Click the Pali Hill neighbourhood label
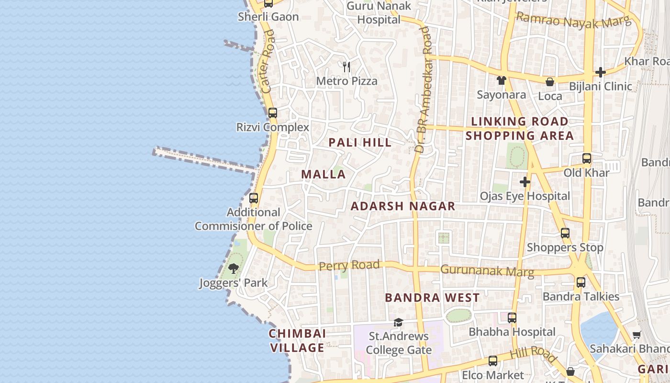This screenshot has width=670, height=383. pyautogui.click(x=360, y=142)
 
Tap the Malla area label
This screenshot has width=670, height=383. pyautogui.click(x=324, y=174)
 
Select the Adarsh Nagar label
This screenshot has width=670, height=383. pyautogui.click(x=403, y=206)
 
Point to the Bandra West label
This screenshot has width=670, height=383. pyautogui.click(x=432, y=298)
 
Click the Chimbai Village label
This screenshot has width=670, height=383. pyautogui.click(x=297, y=340)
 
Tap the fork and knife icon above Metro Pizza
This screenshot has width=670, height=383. pyautogui.click(x=346, y=67)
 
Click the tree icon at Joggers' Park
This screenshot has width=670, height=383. pyautogui.click(x=233, y=269)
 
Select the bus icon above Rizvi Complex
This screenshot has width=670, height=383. pyautogui.click(x=272, y=113)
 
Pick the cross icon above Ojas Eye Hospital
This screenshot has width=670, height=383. pyautogui.click(x=525, y=182)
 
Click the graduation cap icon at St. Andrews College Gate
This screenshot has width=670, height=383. pyautogui.click(x=398, y=322)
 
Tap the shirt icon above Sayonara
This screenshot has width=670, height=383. pyautogui.click(x=501, y=80)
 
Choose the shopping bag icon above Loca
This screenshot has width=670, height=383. pyautogui.click(x=550, y=82)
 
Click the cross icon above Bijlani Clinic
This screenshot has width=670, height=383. pyautogui.click(x=600, y=72)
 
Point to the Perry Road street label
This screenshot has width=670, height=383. pyautogui.click(x=349, y=265)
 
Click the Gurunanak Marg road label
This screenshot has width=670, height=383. pyautogui.click(x=487, y=270)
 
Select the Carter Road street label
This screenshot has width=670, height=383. pyautogui.click(x=268, y=61)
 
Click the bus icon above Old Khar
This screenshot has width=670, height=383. pyautogui.click(x=586, y=158)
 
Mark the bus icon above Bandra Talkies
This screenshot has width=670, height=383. pyautogui.click(x=581, y=282)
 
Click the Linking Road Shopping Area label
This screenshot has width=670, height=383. pyautogui.click(x=520, y=128)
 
